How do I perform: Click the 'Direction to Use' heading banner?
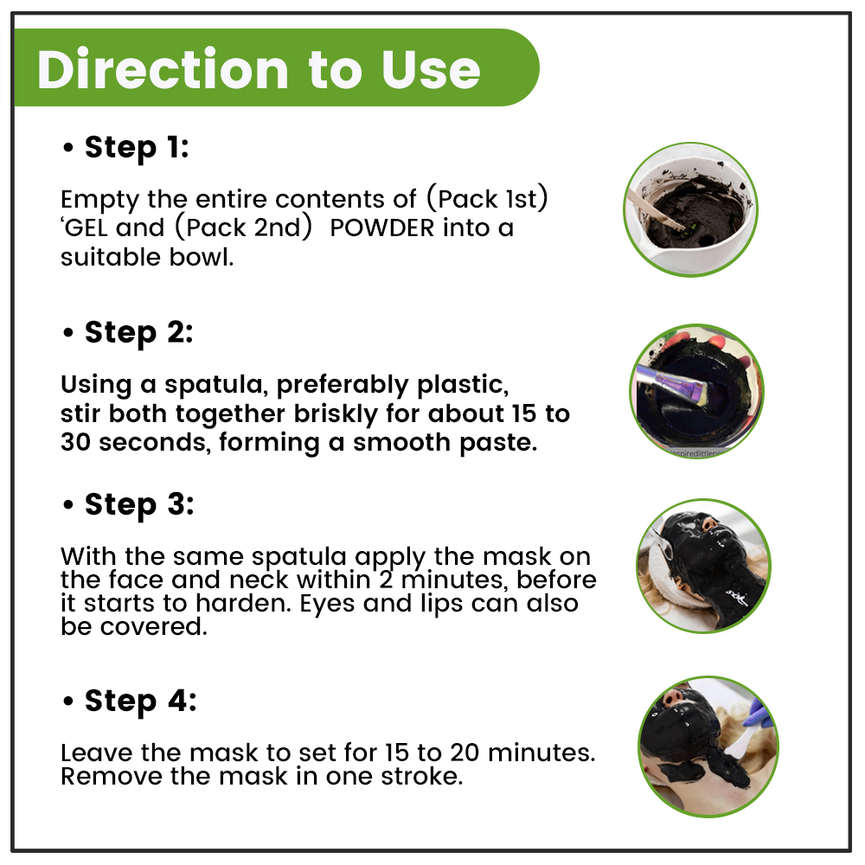tap(276, 67)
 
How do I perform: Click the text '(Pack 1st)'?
tap(487, 199)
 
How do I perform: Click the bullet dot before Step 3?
tap(68, 505)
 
